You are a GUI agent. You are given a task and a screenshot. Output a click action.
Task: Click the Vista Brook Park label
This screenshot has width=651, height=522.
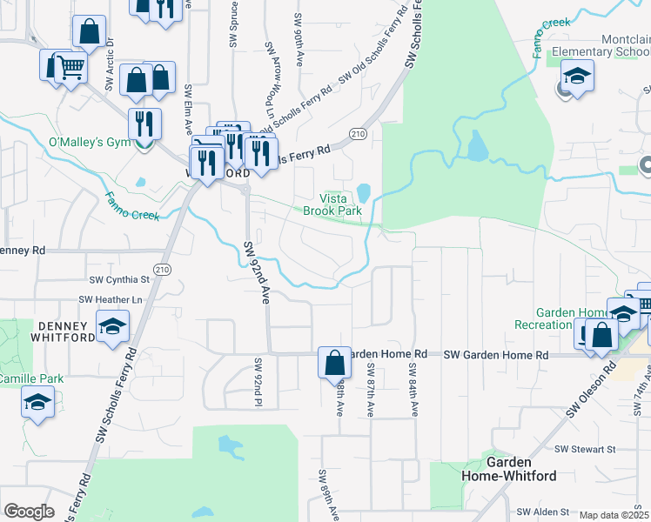click(332, 204)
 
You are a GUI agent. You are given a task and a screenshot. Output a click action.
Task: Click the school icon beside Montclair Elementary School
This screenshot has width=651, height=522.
click(577, 77)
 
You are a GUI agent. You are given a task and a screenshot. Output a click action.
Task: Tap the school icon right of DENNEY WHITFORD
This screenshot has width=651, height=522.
click(112, 328)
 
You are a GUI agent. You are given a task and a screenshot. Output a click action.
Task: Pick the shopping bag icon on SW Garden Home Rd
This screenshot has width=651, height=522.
click(335, 362)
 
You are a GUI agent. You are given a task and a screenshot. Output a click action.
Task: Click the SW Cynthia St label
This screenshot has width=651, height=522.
click(120, 280)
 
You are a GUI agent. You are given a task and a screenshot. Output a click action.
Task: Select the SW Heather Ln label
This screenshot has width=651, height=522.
click(111, 299)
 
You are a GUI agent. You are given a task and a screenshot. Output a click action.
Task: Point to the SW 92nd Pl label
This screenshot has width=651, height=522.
click(258, 382)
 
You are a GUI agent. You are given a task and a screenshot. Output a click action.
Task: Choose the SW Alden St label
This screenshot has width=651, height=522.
click(542, 512)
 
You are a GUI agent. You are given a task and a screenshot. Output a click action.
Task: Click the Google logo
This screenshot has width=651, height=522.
click(29, 511)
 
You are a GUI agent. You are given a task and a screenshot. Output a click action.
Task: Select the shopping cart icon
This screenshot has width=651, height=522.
click(70, 66)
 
